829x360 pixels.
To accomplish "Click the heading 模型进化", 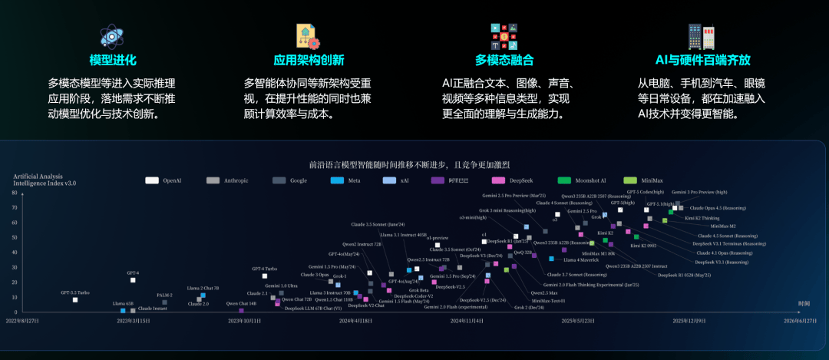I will coord(112,60).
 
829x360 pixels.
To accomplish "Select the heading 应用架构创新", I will coord(309,60).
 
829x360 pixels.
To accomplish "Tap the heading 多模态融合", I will coord(504,60).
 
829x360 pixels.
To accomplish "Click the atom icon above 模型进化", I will coord(112,35).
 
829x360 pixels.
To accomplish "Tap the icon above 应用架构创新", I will coord(308,35).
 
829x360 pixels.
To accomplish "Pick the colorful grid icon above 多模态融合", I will coord(504,35).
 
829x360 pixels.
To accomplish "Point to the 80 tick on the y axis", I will coord(15,194).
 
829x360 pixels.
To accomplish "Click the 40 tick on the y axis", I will coord(15,253).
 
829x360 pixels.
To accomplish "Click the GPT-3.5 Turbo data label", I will coord(75,292).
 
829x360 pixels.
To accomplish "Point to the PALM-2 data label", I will coord(164,295).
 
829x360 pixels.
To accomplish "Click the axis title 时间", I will coord(804,303).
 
